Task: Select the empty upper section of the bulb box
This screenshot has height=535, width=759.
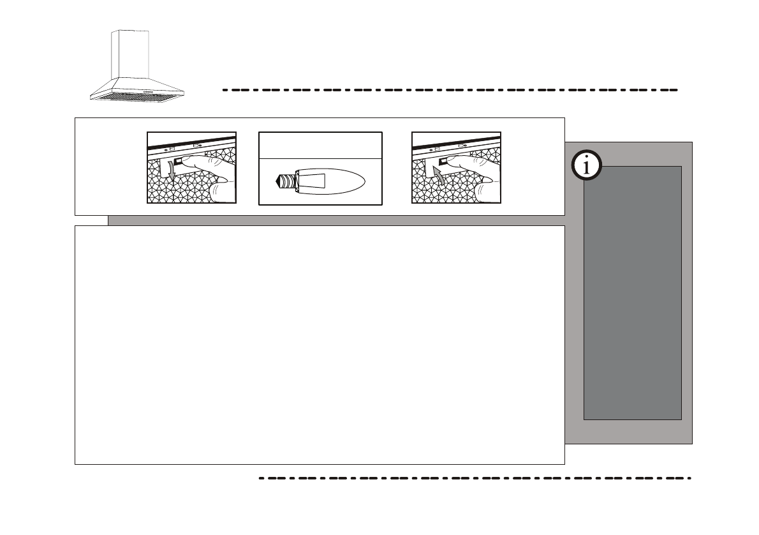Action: (320, 145)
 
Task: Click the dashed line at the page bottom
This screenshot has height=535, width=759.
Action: (475, 478)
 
